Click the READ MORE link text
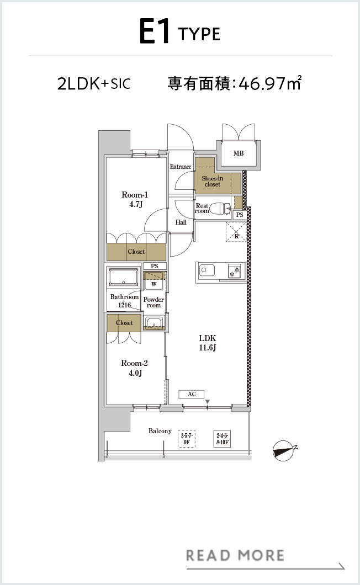[235, 555]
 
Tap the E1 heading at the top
[155, 32]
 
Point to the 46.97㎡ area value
[270, 83]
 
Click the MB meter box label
[239, 153]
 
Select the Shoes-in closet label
[213, 182]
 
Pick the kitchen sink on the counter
[207, 270]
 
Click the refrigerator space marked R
[236, 232]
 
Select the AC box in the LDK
[192, 395]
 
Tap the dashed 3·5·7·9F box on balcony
[186, 439]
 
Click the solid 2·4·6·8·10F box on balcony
[223, 439]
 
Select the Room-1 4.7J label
[135, 199]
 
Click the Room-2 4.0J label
[134, 368]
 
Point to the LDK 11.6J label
[207, 343]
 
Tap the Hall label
[181, 222]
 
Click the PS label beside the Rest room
[240, 215]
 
